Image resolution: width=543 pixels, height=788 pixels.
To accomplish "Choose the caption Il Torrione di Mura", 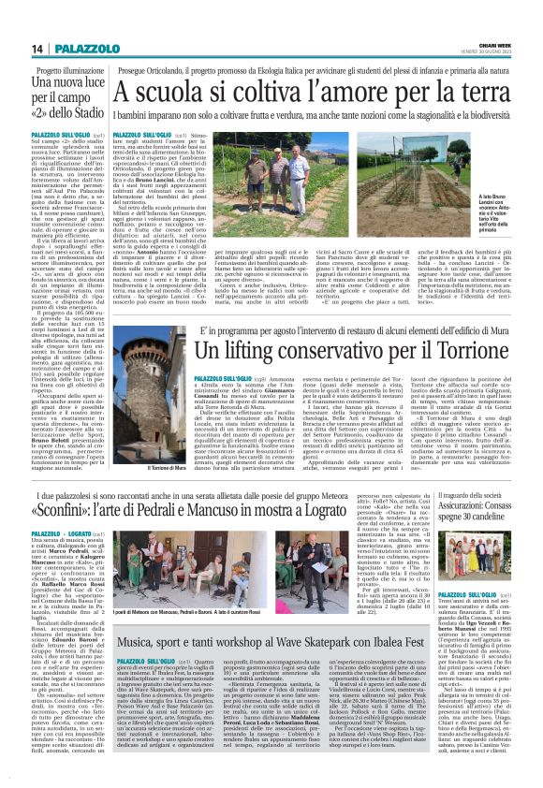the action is [141, 467].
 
